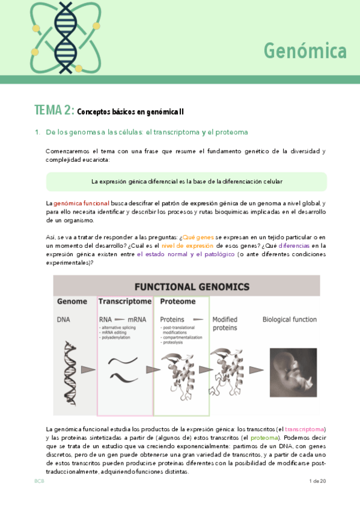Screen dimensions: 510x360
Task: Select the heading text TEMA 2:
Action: [54, 110]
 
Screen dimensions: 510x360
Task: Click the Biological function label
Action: [289, 319]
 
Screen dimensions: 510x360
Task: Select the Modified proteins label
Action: [225, 324]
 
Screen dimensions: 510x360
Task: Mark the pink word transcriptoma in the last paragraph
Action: [305, 429]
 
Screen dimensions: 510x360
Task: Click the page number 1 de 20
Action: [317, 481]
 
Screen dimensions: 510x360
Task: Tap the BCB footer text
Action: [40, 481]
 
